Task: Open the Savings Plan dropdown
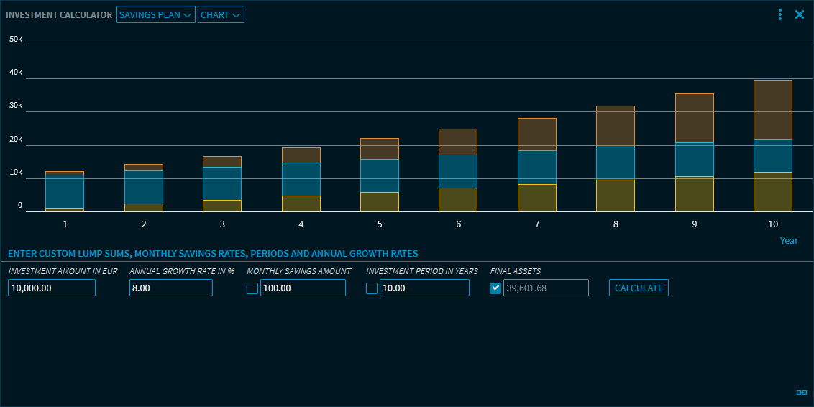click(155, 15)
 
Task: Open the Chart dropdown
click(221, 15)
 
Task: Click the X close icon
click(799, 14)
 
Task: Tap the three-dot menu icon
click(780, 14)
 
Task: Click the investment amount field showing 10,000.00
click(52, 288)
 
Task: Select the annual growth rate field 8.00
click(171, 288)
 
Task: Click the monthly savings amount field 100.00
click(303, 288)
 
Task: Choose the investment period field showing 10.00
click(424, 288)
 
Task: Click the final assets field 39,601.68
click(546, 288)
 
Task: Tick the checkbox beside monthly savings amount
click(252, 288)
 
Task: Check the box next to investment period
click(372, 288)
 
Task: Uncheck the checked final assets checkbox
click(495, 288)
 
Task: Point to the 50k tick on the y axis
click(16, 39)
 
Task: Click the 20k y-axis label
click(16, 140)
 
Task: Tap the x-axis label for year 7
click(537, 224)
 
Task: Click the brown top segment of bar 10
click(773, 109)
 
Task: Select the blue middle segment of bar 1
click(65, 191)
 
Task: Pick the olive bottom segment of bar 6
click(458, 200)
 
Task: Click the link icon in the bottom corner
click(802, 393)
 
